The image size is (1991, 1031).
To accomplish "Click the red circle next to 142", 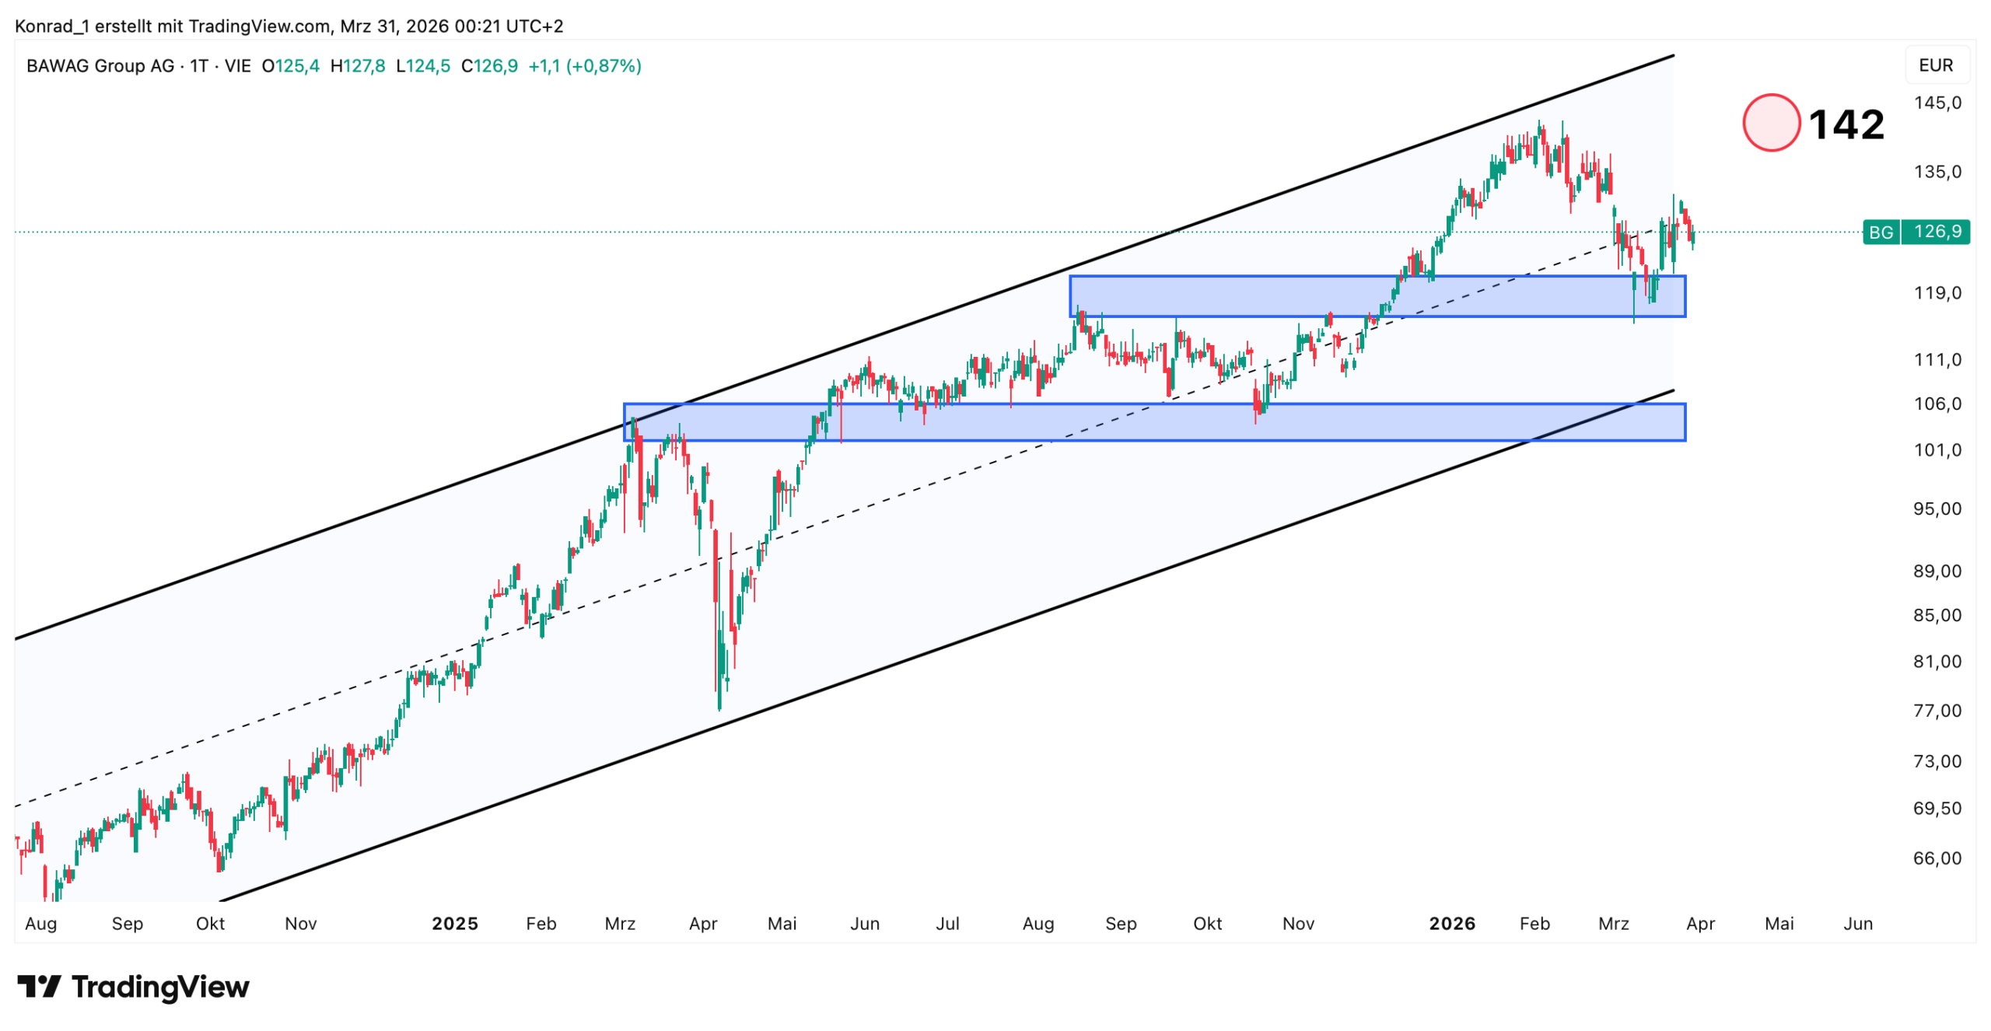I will coord(1770,123).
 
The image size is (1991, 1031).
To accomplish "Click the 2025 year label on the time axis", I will coord(454,924).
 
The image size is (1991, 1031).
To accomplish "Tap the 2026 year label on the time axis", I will coord(1450,924).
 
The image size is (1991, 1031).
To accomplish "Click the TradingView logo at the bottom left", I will coord(133,987).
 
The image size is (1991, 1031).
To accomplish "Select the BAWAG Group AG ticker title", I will coord(100,66).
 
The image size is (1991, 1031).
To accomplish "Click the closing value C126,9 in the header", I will coord(488,66).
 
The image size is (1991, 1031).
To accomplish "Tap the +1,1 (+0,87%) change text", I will coord(584,66).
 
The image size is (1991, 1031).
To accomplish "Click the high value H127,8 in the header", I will coord(357,66).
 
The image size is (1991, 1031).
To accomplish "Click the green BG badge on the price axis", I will coord(1880,232).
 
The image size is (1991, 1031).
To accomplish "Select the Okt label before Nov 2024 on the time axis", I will coord(210,924).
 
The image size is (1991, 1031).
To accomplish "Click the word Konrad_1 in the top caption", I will coord(51,26).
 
